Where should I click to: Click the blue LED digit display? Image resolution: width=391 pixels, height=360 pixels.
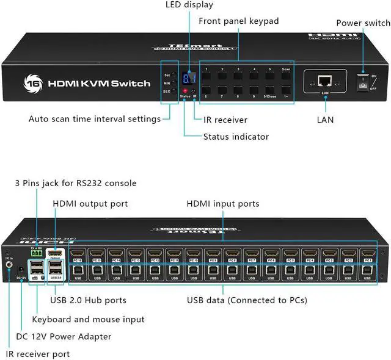pyautogui.click(x=190, y=78)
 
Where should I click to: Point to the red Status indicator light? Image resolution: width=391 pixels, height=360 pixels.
pyautogui.click(x=184, y=90)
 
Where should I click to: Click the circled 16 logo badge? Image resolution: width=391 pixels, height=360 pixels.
pyautogui.click(x=31, y=82)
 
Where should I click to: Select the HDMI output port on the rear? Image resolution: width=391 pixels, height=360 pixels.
pyautogui.click(x=56, y=253)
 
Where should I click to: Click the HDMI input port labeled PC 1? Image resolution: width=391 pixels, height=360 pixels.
pyautogui.click(x=368, y=253)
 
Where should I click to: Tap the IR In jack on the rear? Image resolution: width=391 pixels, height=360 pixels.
pyautogui.click(x=9, y=265)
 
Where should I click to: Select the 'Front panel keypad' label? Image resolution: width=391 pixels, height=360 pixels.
pyautogui.click(x=238, y=21)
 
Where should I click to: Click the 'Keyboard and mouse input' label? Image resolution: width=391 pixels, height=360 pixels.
pyautogui.click(x=88, y=319)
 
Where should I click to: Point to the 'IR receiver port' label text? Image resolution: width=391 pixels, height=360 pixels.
pyautogui.click(x=37, y=353)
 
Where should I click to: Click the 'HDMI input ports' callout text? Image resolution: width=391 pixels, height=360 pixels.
pyautogui.click(x=224, y=203)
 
